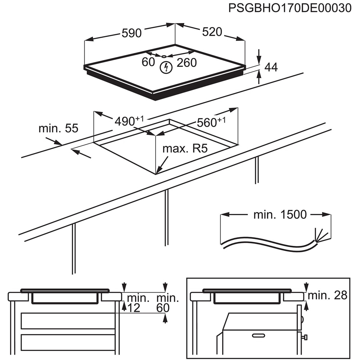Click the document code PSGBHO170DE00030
(x=290, y=8)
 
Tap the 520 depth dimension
(x=212, y=32)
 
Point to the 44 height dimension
(x=271, y=67)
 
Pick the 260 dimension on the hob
(x=187, y=63)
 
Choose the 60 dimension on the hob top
(x=148, y=62)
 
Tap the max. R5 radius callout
(x=185, y=148)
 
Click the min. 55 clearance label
(x=58, y=128)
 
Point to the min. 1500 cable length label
(x=280, y=215)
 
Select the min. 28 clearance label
(x=328, y=296)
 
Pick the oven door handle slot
(x=258, y=336)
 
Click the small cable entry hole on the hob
(x=164, y=56)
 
